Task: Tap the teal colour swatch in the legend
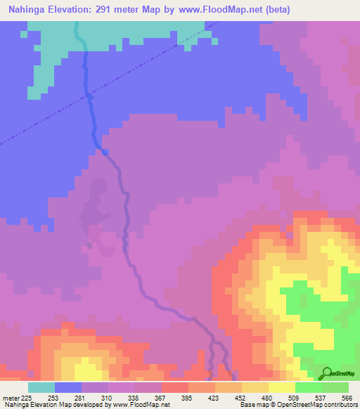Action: (x=41, y=387)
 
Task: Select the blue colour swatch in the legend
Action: (x=68, y=387)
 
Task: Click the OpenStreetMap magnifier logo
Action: (x=326, y=374)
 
